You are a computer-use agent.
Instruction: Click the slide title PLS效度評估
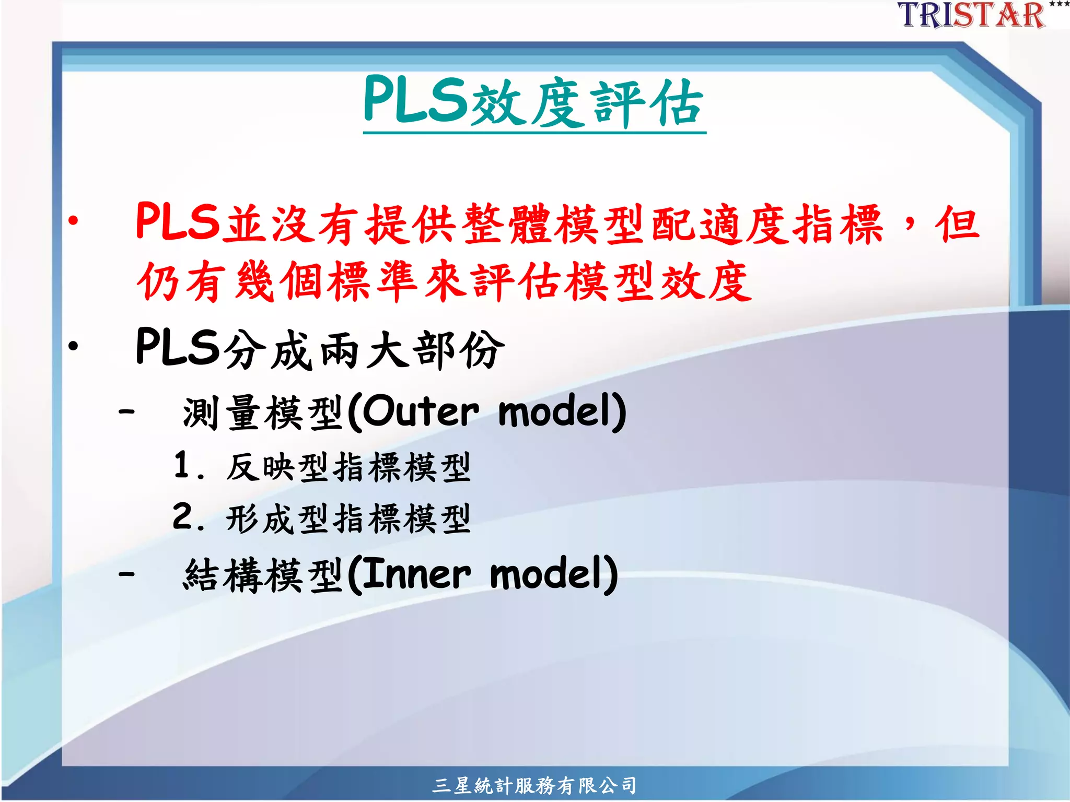coord(534,102)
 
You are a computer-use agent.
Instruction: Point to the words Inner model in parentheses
coord(483,574)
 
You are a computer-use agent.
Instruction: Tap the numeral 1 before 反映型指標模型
coord(182,465)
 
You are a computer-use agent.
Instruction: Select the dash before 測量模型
coord(126,411)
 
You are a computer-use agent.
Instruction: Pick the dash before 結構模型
coord(126,574)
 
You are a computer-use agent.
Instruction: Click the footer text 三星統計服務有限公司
coord(534,785)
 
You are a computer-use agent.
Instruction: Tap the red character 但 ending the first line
coord(957,223)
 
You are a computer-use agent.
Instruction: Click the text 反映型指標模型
coord(349,467)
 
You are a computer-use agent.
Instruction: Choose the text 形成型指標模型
coord(349,518)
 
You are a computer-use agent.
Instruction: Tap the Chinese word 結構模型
coord(263,575)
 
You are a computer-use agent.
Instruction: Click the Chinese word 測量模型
coord(263,412)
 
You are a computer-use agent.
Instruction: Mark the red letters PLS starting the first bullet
coord(178,222)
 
